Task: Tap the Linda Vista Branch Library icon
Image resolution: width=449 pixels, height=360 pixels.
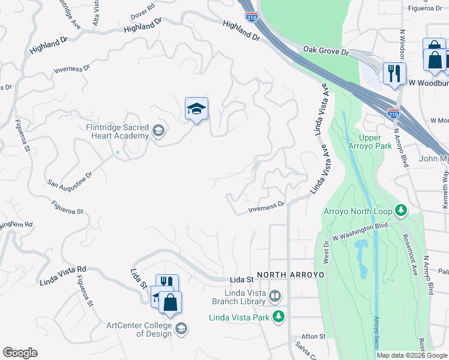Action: pyautogui.click(x=275, y=295)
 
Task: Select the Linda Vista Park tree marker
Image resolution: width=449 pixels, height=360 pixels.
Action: pyautogui.click(x=278, y=316)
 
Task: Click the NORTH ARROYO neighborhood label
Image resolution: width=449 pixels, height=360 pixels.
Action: pyautogui.click(x=291, y=275)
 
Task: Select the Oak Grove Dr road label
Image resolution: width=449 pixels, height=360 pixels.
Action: pyautogui.click(x=326, y=52)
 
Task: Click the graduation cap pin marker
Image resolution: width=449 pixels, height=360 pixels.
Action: pyautogui.click(x=196, y=109)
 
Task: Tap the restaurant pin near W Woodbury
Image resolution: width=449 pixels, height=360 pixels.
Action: pyautogui.click(x=394, y=74)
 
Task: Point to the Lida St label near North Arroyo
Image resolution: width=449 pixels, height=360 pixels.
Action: pyautogui.click(x=242, y=280)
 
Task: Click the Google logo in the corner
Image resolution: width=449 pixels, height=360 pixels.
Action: pyautogui.click(x=20, y=353)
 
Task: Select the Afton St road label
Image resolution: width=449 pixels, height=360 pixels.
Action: pyautogui.click(x=313, y=337)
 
